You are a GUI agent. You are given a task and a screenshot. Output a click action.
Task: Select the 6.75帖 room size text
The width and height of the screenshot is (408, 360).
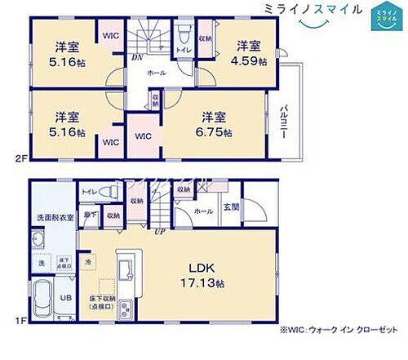coord(216,132)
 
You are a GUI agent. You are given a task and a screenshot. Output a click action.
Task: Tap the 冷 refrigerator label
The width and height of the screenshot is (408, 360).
coord(89,260)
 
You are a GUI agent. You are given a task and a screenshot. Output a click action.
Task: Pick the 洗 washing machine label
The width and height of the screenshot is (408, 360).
coord(38,264)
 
